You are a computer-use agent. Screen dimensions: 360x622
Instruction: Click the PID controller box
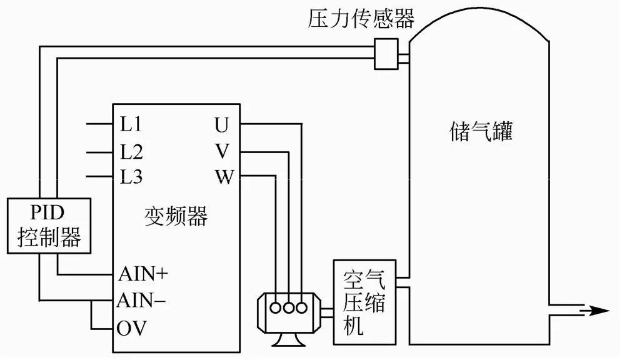(49, 227)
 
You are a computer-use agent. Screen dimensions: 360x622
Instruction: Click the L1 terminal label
(131, 124)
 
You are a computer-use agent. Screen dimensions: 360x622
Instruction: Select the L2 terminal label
(131, 151)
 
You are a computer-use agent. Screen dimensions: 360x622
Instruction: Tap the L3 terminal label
(131, 177)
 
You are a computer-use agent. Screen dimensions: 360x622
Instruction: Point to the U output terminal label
(222, 124)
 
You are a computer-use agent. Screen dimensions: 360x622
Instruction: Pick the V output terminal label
(223, 151)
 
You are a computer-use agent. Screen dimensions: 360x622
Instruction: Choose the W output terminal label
(223, 177)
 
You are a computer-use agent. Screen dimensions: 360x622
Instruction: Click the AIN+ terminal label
(143, 274)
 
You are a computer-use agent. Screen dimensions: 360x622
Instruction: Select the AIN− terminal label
(141, 301)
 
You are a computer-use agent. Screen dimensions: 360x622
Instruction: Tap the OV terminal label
(131, 327)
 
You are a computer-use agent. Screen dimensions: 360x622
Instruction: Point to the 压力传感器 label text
(361, 19)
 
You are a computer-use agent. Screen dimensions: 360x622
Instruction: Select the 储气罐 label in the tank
(481, 132)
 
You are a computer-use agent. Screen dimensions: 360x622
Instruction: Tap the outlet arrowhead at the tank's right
(598, 311)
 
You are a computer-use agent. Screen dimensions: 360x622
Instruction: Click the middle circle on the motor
(288, 307)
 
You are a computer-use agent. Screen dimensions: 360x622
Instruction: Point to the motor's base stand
(288, 341)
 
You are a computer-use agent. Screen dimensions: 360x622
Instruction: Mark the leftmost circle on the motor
(275, 307)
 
